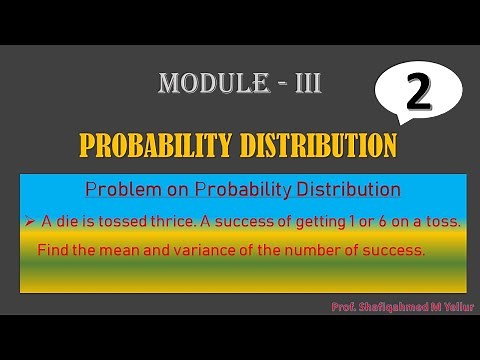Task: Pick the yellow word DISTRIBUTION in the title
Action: tap(320, 146)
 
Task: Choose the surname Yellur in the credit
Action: tap(456, 306)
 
